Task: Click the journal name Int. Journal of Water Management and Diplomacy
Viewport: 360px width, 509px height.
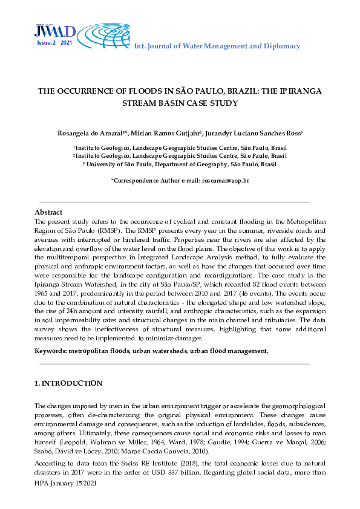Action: [217, 46]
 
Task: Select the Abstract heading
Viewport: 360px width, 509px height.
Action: [48, 213]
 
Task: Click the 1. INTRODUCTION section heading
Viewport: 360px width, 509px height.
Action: [68, 383]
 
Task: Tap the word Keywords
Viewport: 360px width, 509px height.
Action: [50, 351]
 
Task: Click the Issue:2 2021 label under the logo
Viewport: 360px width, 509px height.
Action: [54, 44]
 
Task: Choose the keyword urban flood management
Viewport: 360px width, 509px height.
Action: [229, 351]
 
